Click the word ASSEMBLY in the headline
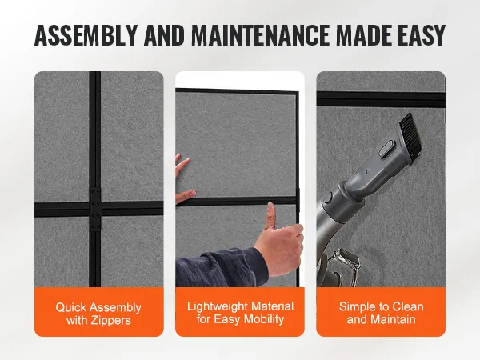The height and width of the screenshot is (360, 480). (86, 35)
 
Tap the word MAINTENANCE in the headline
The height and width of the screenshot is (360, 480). (260, 35)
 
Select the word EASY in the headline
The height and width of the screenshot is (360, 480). (420, 35)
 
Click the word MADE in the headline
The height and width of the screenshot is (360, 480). (362, 35)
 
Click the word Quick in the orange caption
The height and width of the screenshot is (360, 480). (70, 307)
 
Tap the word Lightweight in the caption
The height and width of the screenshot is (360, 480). (214, 306)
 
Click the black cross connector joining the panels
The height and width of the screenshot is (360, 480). (95, 210)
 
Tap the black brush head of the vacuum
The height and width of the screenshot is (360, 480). (410, 134)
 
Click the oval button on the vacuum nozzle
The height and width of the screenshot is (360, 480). (386, 149)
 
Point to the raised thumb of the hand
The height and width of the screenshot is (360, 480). (270, 215)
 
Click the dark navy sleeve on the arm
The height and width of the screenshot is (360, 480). (219, 268)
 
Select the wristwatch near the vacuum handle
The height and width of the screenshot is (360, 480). (345, 260)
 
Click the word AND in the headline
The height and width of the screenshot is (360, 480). (164, 35)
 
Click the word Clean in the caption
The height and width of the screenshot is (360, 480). (408, 306)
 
